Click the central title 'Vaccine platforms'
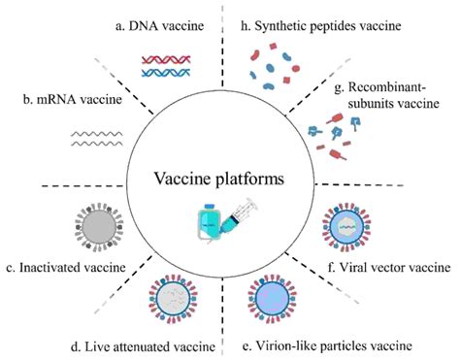(229, 180)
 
